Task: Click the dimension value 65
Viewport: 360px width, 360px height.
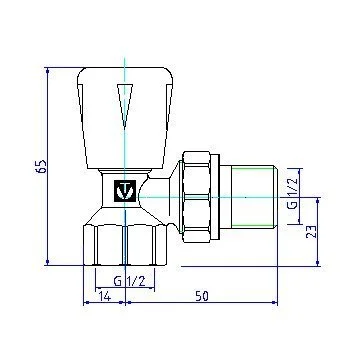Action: (x=42, y=166)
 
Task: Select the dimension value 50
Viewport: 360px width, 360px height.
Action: (x=202, y=296)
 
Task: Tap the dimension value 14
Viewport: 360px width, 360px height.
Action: (x=104, y=296)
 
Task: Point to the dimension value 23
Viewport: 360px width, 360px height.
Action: (x=311, y=232)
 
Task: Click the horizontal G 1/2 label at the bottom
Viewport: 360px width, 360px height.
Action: (x=129, y=282)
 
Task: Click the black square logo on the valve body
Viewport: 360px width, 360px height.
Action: (x=125, y=191)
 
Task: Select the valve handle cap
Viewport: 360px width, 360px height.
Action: (x=125, y=118)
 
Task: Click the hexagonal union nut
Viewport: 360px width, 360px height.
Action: (x=197, y=197)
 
